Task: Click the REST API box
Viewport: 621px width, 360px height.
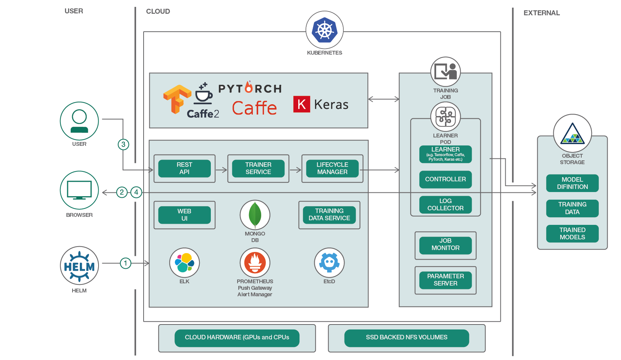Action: [x=184, y=168]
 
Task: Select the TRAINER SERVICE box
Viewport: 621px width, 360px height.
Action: [x=258, y=168]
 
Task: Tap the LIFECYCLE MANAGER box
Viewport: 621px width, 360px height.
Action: [x=332, y=168]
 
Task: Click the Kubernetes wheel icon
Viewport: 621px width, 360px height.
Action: [x=325, y=30]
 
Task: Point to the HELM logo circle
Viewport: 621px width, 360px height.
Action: [x=79, y=266]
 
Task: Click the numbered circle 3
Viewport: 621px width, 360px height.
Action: [x=123, y=144]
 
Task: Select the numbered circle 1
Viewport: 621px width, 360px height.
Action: [x=125, y=263]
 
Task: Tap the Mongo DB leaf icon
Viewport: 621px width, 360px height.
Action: [x=255, y=215]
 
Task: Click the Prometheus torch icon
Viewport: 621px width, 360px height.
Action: [x=255, y=263]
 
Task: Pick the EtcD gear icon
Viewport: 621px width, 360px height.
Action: [x=329, y=263]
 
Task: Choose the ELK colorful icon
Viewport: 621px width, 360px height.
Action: [x=184, y=263]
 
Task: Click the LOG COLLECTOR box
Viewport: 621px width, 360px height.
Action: [x=445, y=205]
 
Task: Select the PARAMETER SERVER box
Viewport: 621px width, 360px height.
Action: [x=445, y=280]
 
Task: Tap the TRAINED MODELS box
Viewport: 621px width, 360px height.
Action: [x=572, y=234]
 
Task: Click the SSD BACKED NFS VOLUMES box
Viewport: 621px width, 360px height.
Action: [x=406, y=338]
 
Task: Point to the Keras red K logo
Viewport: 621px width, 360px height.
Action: [x=301, y=104]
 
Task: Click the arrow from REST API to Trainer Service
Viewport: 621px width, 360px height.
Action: [x=222, y=170]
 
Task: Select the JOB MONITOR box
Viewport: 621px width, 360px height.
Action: [x=445, y=244]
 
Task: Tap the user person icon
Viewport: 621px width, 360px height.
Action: [x=79, y=121]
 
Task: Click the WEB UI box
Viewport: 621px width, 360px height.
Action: [x=184, y=215]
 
